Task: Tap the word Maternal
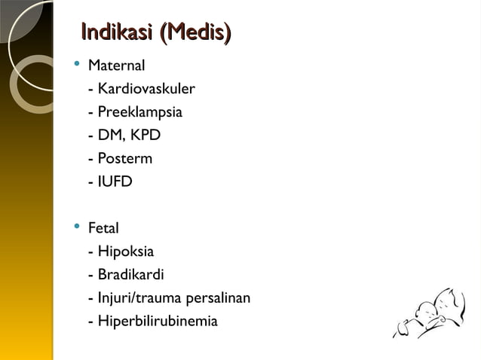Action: click(x=116, y=66)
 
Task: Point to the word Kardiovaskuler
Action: click(x=146, y=90)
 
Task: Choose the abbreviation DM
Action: click(x=110, y=136)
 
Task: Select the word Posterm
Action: click(x=124, y=159)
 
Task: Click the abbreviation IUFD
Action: click(x=115, y=182)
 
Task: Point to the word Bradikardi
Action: click(x=130, y=275)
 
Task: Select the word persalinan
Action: click(x=220, y=298)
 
